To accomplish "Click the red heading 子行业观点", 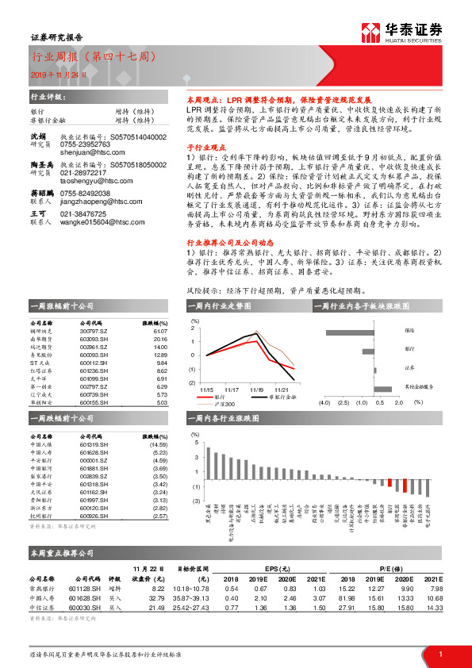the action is [205, 148].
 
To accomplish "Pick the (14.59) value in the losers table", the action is [159, 444].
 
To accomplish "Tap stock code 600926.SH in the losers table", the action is [95, 515].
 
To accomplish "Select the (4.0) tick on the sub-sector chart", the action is [324, 403].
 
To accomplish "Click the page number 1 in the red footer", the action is [439, 654].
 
